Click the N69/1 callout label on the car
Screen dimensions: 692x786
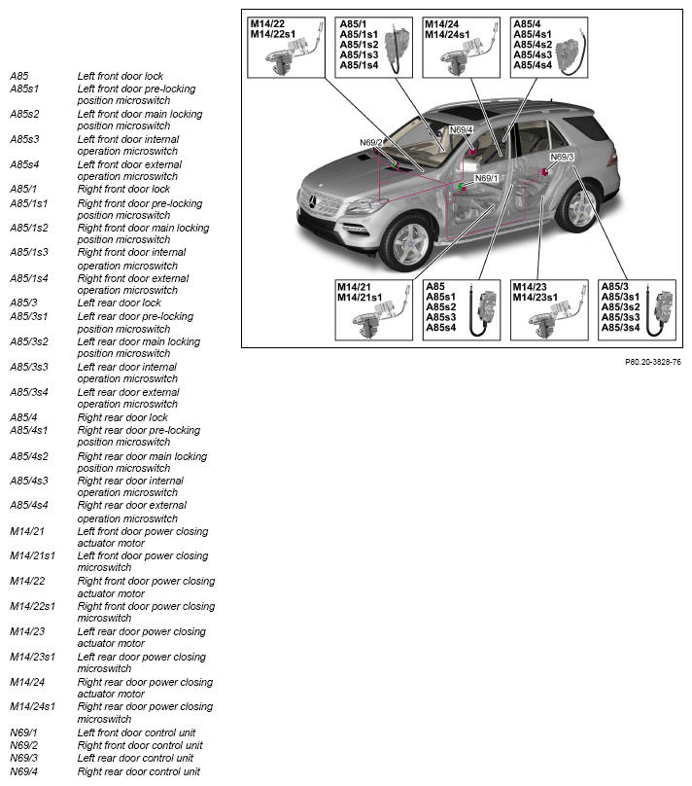(486, 178)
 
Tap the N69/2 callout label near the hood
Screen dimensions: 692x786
(371, 142)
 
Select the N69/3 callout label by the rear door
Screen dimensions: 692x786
(562, 157)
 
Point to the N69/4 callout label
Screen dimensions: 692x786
(461, 129)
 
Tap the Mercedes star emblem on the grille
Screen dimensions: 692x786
(314, 201)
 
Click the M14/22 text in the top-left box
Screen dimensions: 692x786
(267, 23)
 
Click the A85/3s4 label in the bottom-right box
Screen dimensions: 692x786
(620, 328)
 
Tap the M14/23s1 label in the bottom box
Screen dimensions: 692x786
(535, 298)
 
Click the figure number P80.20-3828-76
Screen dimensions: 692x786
(653, 362)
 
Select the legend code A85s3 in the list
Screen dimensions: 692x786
(24, 139)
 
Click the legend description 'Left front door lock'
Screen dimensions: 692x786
(121, 76)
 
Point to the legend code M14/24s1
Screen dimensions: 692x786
(32, 706)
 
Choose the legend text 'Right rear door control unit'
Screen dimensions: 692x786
(139, 771)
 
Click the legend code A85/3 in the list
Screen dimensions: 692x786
(23, 303)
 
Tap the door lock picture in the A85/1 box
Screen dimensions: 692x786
(399, 49)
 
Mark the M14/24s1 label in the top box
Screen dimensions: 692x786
(447, 35)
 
